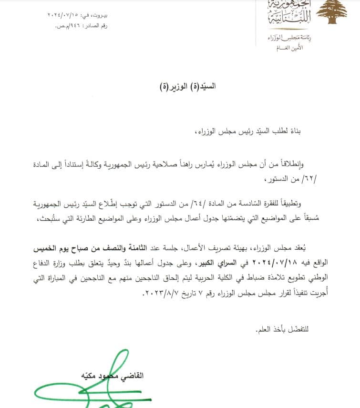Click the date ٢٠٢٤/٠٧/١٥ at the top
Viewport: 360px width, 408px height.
(59, 16)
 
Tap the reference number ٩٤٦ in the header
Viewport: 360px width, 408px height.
(76, 26)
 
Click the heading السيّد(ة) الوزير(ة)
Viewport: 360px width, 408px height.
(187, 87)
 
